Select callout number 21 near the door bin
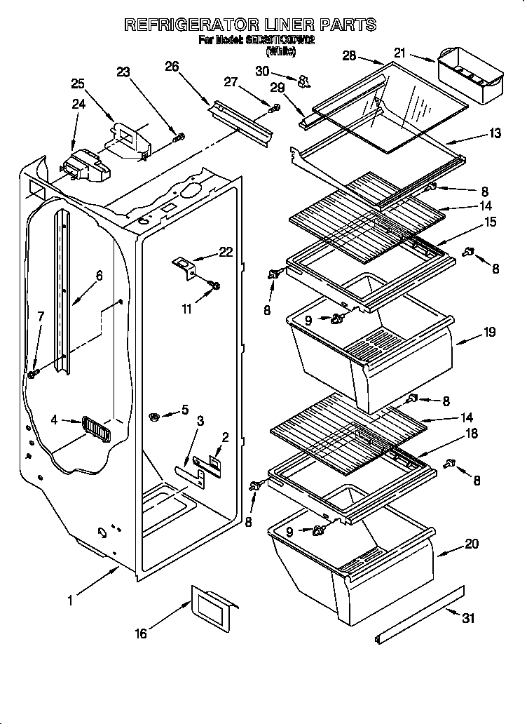click(399, 52)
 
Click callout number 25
click(78, 84)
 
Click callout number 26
click(172, 67)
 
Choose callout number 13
click(495, 133)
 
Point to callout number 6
click(99, 276)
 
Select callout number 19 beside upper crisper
click(488, 332)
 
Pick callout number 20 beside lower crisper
click(472, 542)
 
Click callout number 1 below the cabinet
click(70, 600)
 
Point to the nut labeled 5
click(156, 417)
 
